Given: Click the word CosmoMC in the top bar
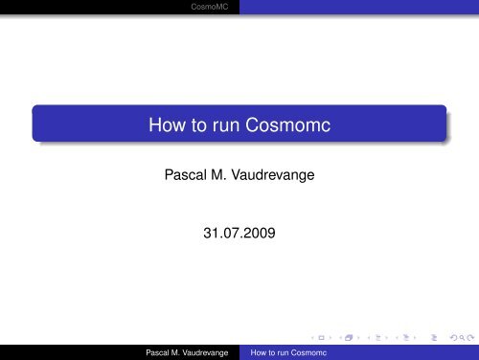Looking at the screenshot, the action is (210, 7).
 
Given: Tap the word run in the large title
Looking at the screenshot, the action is (226, 125).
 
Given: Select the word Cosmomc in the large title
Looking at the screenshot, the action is (287, 124).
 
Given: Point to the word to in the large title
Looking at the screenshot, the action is (199, 125).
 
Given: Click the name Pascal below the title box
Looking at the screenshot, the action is (186, 175).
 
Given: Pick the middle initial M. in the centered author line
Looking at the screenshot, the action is (218, 175).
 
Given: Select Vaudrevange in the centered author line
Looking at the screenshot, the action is (273, 175).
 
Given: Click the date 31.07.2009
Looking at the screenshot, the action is (239, 233).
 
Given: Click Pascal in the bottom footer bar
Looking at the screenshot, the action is (157, 352).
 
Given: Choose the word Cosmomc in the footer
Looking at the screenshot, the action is (308, 352).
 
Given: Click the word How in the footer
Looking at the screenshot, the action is (258, 352).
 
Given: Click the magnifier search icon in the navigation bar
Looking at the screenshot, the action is (462, 338).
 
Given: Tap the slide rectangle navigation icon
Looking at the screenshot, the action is (322, 338).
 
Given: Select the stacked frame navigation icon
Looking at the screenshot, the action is (349, 338).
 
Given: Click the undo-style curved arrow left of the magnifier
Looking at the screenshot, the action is (454, 338).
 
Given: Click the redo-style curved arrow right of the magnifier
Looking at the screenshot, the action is (470, 338).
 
